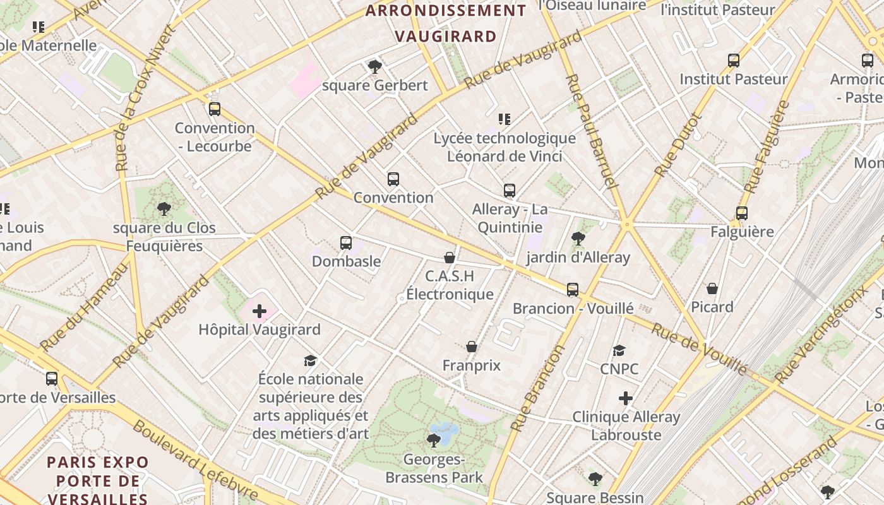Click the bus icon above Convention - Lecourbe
pos(215,109)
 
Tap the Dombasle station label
pos(346,261)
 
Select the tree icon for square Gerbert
pos(374,66)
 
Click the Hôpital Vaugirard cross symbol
pos(260,311)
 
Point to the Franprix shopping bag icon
pos(471,347)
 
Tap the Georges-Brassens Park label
pos(434,468)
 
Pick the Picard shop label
pos(712,307)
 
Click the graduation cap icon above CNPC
pos(619,350)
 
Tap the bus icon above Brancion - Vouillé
pos(572,290)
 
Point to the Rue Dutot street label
pos(679,145)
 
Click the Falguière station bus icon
pos(742,213)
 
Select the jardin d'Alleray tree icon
pos(578,238)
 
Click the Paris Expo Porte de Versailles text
pos(98,480)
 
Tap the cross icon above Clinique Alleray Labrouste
pos(626,398)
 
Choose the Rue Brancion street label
pos(537,388)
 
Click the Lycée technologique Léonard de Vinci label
pos(505,146)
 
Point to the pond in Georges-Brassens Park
pos(445,432)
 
